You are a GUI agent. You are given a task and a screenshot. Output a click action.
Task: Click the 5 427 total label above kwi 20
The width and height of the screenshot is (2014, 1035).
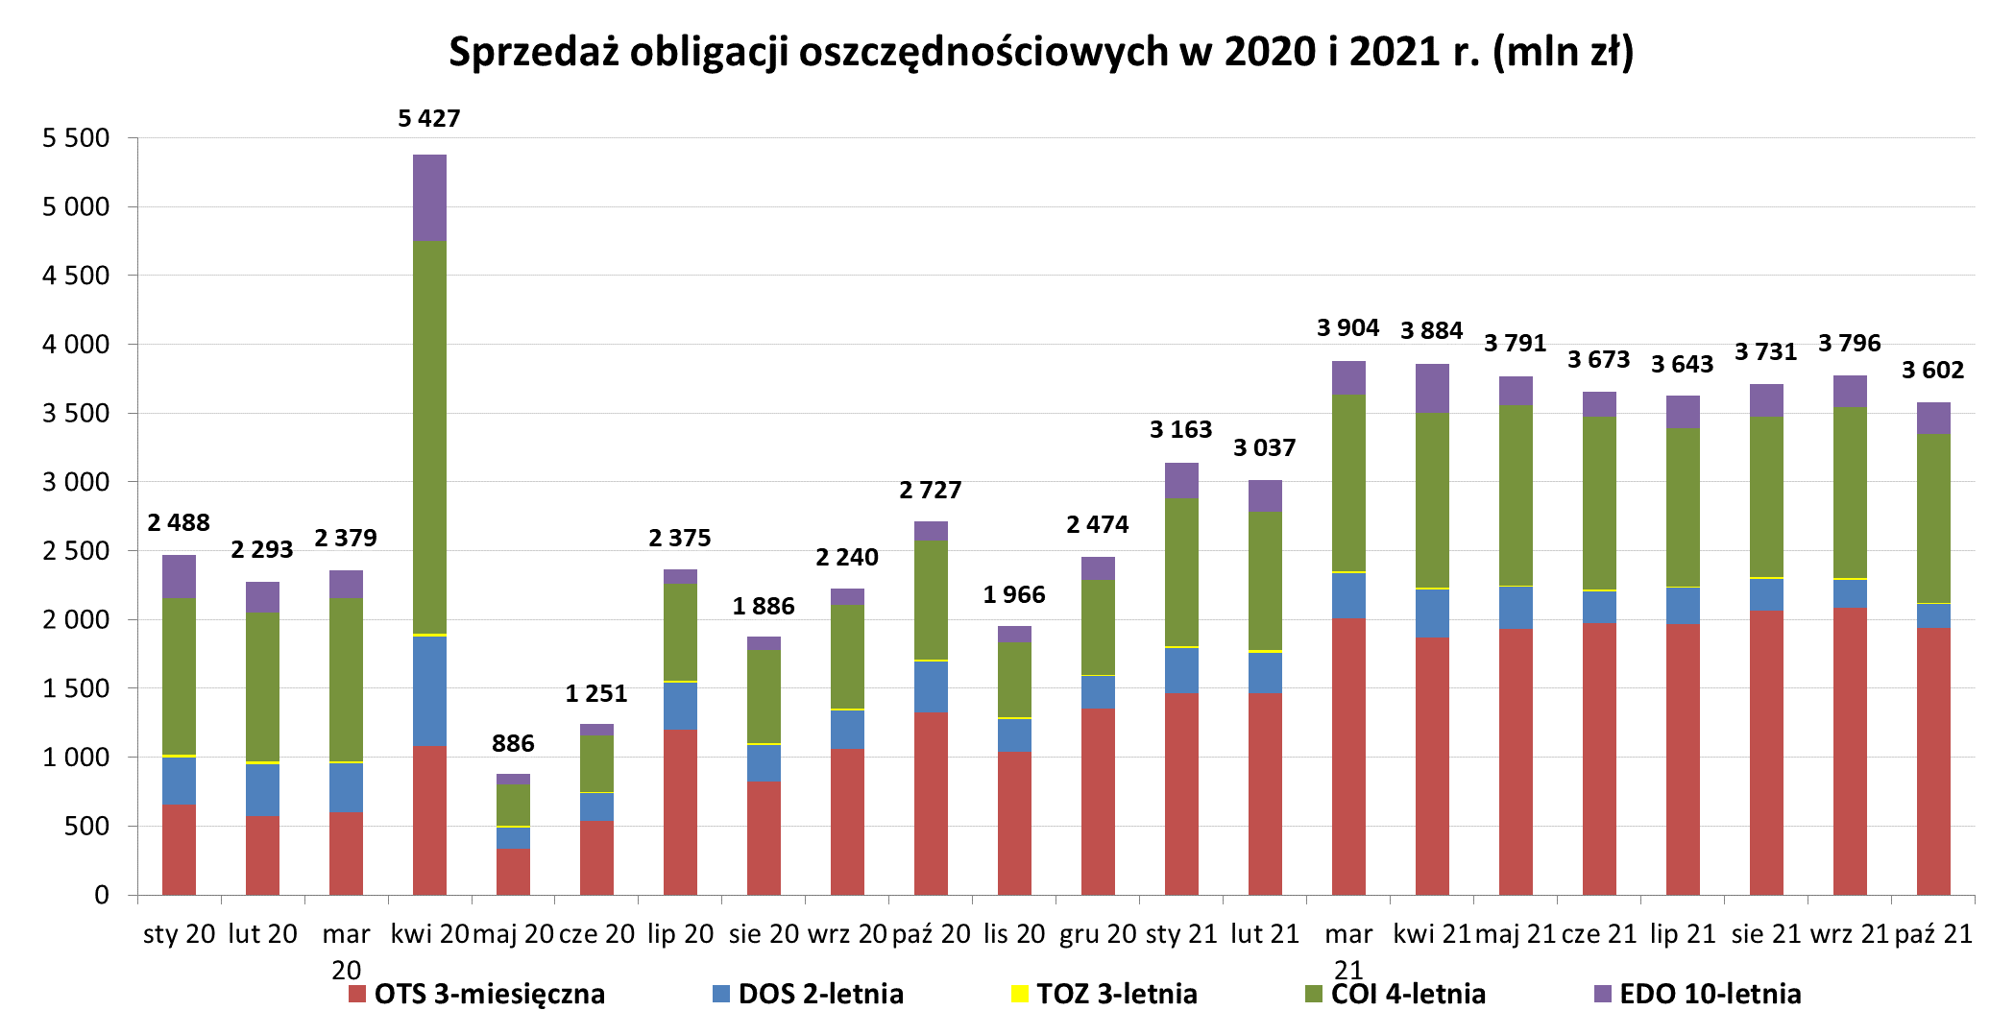pyautogui.click(x=429, y=119)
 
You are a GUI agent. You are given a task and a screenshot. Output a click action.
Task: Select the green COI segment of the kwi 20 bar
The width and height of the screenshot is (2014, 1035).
pyautogui.click(x=429, y=437)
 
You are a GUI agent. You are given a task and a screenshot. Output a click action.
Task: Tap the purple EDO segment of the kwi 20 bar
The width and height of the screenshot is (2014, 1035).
pyautogui.click(x=429, y=198)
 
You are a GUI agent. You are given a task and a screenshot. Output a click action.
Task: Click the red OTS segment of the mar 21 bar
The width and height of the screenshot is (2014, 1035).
pyautogui.click(x=1348, y=757)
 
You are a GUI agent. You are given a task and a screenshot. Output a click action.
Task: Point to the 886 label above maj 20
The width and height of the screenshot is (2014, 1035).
pyautogui.click(x=513, y=744)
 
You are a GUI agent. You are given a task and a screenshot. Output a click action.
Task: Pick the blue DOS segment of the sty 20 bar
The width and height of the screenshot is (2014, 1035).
pyautogui.click(x=179, y=781)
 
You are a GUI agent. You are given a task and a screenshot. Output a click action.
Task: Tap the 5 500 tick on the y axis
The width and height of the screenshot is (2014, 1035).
pyautogui.click(x=76, y=138)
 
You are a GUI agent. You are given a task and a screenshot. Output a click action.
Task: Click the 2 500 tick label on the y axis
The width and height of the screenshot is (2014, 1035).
pyautogui.click(x=76, y=551)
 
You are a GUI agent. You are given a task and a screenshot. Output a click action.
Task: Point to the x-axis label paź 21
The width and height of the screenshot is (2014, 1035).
pyautogui.click(x=1933, y=934)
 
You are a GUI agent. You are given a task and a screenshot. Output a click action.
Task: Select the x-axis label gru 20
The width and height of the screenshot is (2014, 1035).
pyautogui.click(x=1098, y=934)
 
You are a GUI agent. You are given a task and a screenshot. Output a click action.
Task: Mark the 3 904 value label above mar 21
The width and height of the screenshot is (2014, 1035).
pyautogui.click(x=1347, y=328)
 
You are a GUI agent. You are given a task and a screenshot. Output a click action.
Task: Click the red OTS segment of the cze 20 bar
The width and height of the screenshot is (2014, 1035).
pyautogui.click(x=596, y=858)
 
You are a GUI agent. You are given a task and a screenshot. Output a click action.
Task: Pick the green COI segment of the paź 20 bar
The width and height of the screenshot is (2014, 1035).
pyautogui.click(x=931, y=600)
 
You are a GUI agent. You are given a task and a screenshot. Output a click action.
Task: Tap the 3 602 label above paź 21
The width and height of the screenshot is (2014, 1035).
pyautogui.click(x=1932, y=371)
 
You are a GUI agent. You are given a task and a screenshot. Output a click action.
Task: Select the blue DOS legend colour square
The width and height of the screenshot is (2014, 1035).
pyautogui.click(x=721, y=994)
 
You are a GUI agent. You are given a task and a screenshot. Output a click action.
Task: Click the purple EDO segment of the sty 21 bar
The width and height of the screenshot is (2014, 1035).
pyautogui.click(x=1181, y=481)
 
